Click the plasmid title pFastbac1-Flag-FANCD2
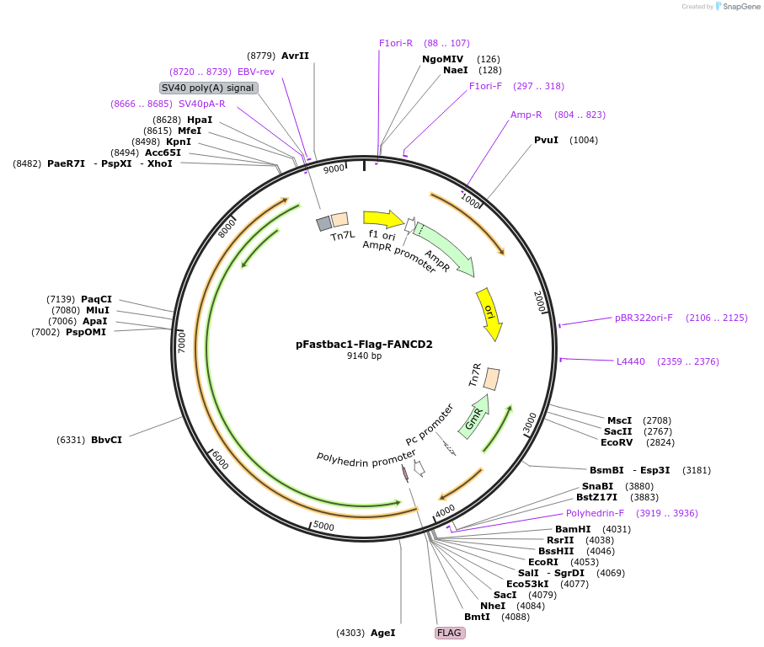click(x=364, y=344)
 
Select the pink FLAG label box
click(x=450, y=633)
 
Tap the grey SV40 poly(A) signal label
click(x=208, y=88)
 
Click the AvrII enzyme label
click(x=295, y=56)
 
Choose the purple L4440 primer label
click(x=631, y=361)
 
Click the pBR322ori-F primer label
click(x=644, y=318)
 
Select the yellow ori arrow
click(x=489, y=313)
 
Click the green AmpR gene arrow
click(x=444, y=249)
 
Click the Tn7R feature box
click(x=492, y=379)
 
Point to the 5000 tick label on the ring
click(x=323, y=527)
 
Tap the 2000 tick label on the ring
click(x=540, y=302)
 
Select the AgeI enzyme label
click(x=382, y=633)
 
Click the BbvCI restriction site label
click(x=106, y=440)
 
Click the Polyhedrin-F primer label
click(x=595, y=513)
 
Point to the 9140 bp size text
click(x=364, y=356)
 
